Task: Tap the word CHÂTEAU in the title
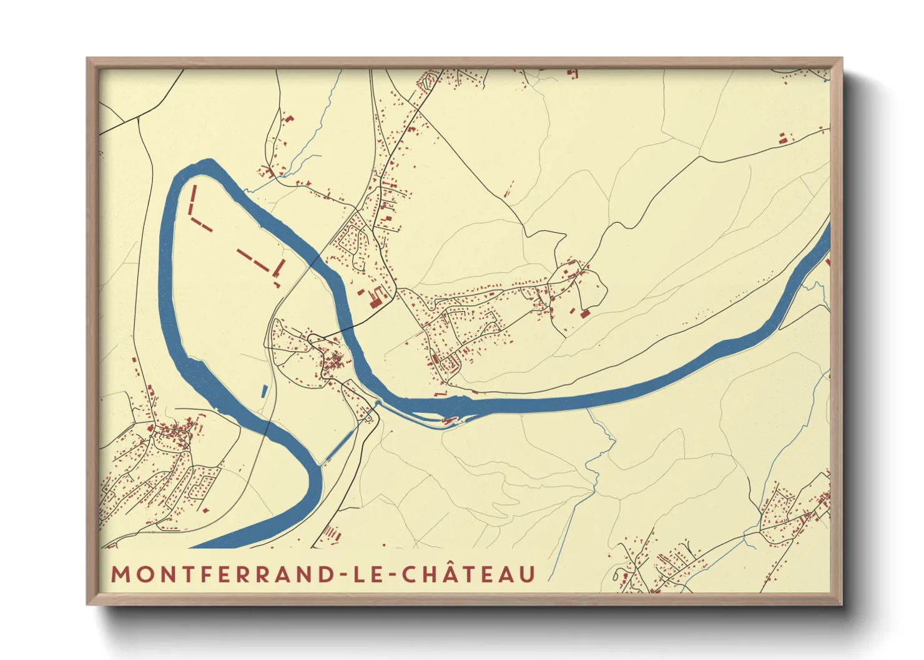click(x=468, y=575)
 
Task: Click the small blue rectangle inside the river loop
click(x=264, y=391)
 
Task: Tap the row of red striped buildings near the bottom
click(x=331, y=533)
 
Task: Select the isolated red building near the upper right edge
click(x=783, y=138)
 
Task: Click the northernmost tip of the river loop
click(x=206, y=163)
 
